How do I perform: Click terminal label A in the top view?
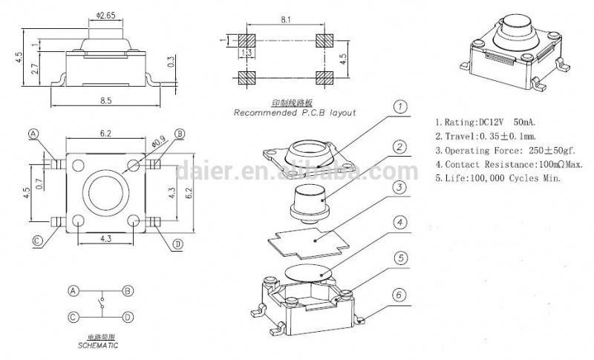coord(33,134)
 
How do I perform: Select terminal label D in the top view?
coord(177,244)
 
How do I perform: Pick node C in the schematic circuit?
coord(73,316)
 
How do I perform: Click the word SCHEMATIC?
coord(97,346)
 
